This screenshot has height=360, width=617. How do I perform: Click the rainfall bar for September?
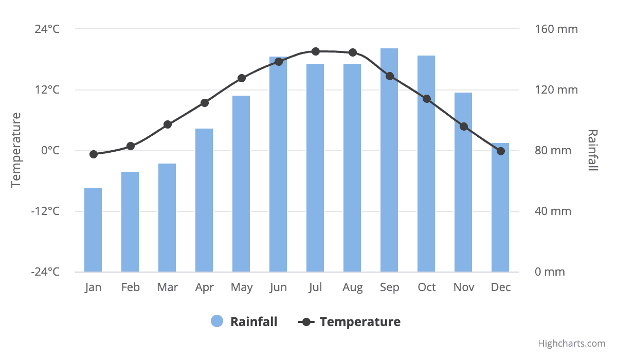coord(389,160)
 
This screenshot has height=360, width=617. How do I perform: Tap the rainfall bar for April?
coord(204,200)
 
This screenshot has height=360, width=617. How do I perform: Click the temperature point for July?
coord(316,51)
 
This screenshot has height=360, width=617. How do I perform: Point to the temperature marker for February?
coord(131,146)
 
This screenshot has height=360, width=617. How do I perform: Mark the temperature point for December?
coord(501,151)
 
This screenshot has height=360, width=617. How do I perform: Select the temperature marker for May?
coord(242,78)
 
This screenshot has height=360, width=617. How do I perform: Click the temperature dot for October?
coord(427,99)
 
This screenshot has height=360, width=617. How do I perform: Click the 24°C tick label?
coord(47,29)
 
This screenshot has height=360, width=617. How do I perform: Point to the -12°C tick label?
coord(45,211)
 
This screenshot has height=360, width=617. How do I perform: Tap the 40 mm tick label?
coord(553,211)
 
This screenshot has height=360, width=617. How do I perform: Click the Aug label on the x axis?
coord(353,287)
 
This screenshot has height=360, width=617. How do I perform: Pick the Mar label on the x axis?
coord(168,287)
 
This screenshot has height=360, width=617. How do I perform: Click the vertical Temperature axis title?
coord(16,150)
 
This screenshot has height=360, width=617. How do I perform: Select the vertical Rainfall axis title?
coord(593,150)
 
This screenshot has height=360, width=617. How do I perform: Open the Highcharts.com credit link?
coord(572,344)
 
